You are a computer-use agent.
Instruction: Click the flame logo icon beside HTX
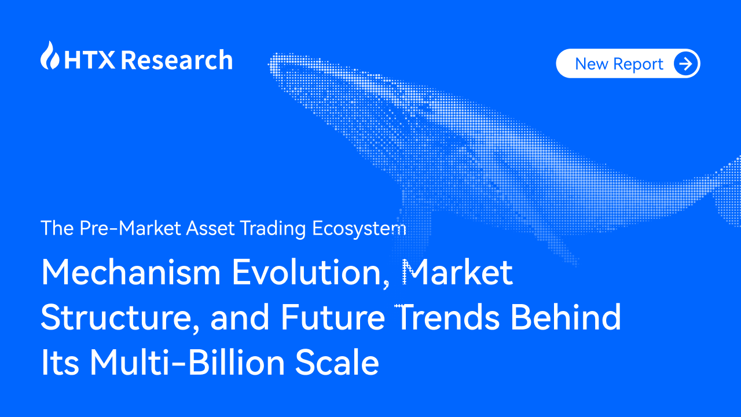pyautogui.click(x=50, y=56)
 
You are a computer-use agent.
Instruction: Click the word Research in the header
pyautogui.click(x=177, y=60)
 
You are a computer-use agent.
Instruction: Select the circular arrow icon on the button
pyautogui.click(x=686, y=64)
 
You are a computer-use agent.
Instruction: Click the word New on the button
pyautogui.click(x=592, y=64)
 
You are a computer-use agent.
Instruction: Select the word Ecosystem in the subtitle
pyautogui.click(x=359, y=228)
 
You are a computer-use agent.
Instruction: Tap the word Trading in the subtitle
pyautogui.click(x=273, y=228)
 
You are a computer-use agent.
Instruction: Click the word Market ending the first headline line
pyautogui.click(x=458, y=272)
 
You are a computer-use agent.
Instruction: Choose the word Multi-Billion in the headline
pyautogui.click(x=188, y=363)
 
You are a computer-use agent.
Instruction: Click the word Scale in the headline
pyautogui.click(x=338, y=363)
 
